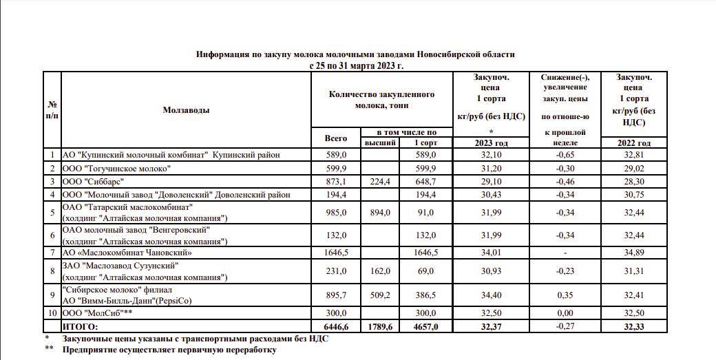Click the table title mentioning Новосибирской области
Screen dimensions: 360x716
pos(355,54)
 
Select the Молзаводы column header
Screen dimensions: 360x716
pos(187,109)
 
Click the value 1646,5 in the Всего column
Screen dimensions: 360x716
pos(336,253)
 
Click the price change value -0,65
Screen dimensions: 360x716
pos(565,155)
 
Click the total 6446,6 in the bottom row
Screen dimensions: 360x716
pos(336,326)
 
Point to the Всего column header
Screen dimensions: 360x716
pos(336,138)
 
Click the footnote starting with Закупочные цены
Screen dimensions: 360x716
pos(196,338)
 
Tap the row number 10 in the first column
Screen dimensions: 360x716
pos(52,313)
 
